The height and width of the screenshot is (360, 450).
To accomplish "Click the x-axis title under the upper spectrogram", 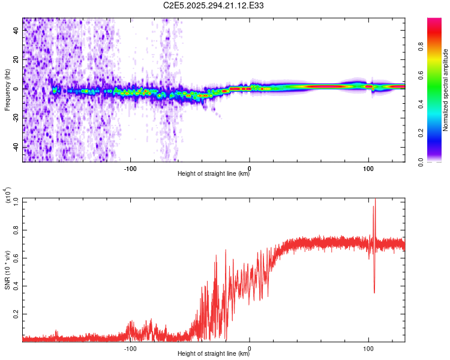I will (x=214, y=175).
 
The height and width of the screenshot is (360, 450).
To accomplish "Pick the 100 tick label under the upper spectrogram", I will (x=368, y=167).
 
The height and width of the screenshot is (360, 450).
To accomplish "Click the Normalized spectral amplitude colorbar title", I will (x=445, y=90).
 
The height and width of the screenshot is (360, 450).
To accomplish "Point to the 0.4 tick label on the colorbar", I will (x=422, y=104).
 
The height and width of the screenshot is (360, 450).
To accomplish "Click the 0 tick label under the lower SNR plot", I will (x=250, y=347).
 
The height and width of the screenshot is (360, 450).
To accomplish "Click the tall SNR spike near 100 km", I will (x=374, y=207).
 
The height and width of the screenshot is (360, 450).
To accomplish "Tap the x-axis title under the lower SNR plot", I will (x=214, y=355).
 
